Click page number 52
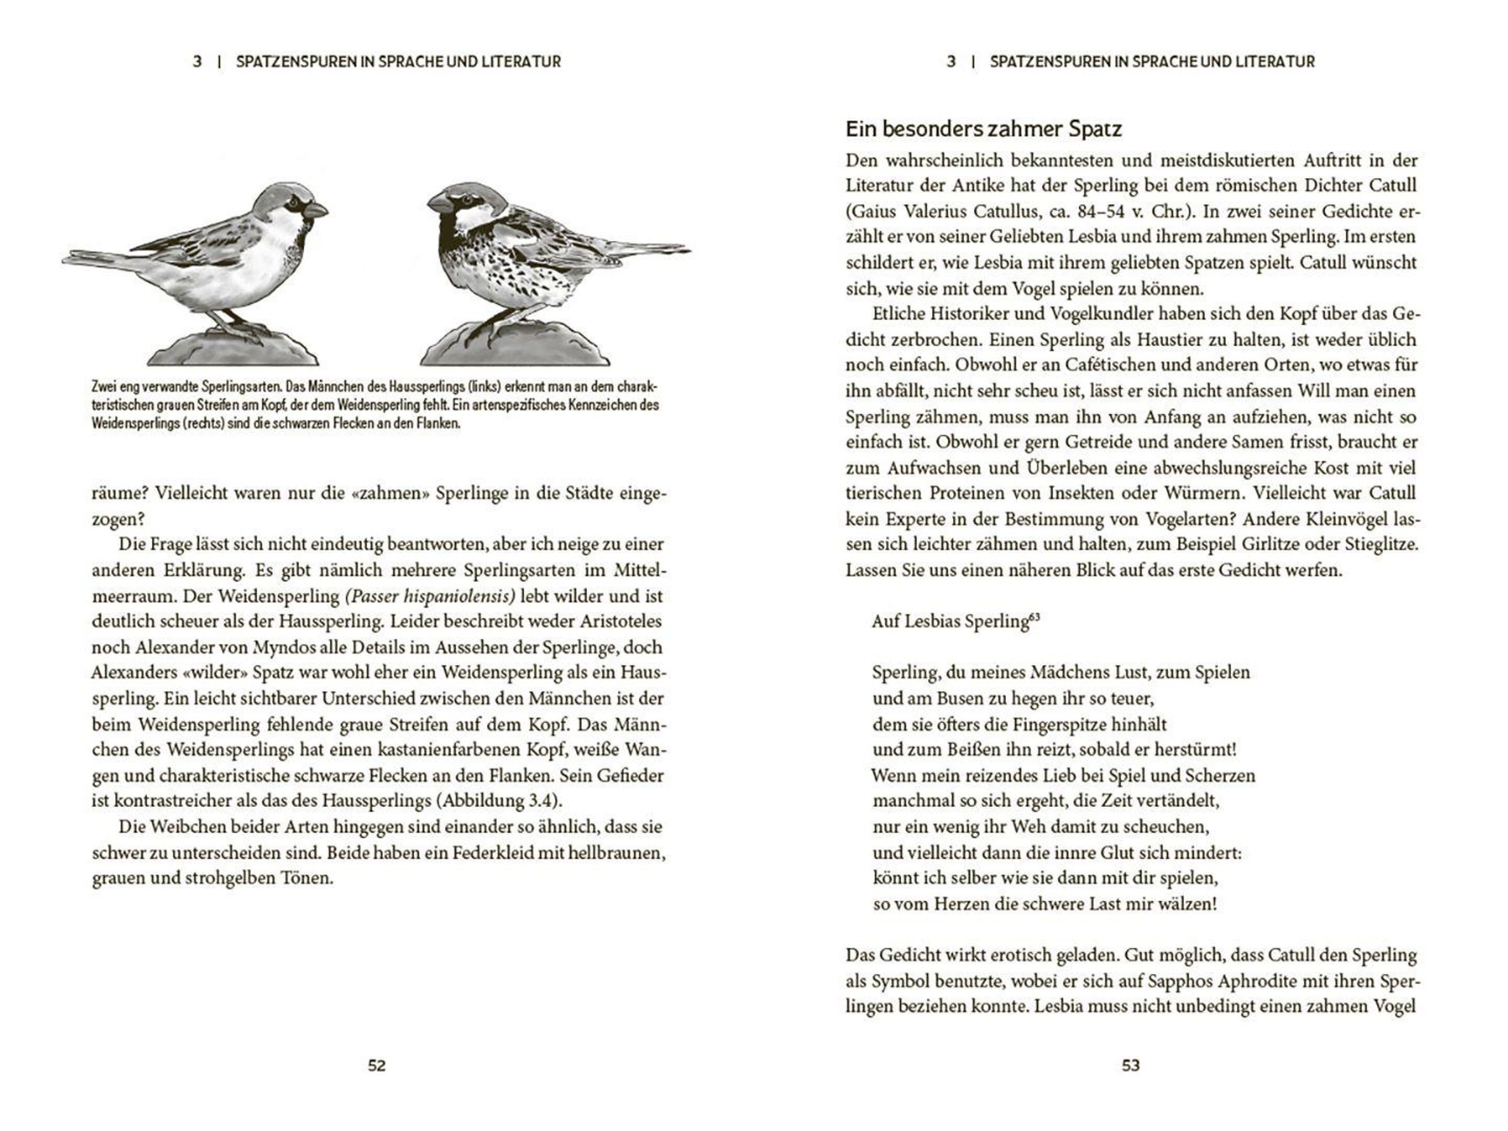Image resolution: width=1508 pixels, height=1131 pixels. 376,1066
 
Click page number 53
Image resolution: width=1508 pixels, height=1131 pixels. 1130,1066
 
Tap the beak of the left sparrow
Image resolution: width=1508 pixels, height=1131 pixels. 316,210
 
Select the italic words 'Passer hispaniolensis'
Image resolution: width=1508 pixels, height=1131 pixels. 430,596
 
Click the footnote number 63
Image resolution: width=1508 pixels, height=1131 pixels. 1034,617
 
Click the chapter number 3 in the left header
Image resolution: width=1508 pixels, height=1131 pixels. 197,62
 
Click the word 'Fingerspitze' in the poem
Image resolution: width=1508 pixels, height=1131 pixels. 1067,724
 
